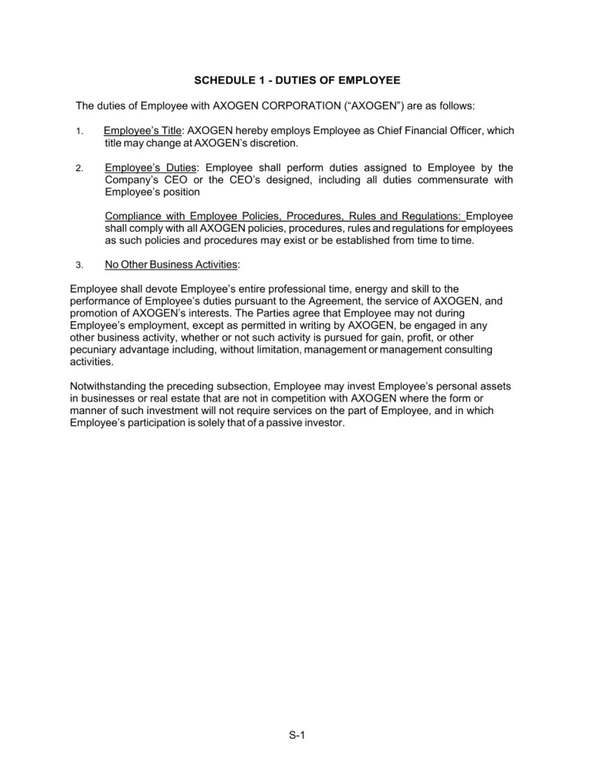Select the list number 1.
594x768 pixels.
[x=79, y=132]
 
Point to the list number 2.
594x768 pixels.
[x=79, y=168]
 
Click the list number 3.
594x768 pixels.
[x=79, y=265]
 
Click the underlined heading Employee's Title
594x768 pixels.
[x=142, y=131]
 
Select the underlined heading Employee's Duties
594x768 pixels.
[x=150, y=168]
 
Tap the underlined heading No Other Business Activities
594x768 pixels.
[x=171, y=264]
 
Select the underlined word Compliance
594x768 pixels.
[x=132, y=216]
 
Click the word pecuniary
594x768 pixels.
[x=92, y=350]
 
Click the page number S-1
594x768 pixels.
[x=297, y=735]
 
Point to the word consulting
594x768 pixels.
[x=468, y=350]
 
